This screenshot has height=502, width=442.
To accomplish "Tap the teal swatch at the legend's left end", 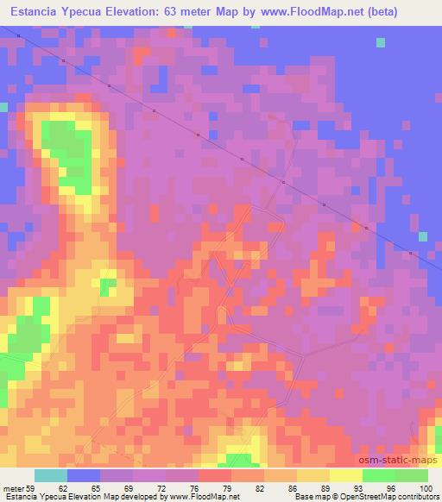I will [x=50, y=475].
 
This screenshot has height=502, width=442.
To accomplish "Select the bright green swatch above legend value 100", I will [x=412, y=475].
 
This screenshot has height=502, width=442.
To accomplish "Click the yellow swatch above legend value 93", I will [x=346, y=475].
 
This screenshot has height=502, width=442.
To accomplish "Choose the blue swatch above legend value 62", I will [x=84, y=475].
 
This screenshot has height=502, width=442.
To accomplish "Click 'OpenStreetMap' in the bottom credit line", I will [x=375, y=496].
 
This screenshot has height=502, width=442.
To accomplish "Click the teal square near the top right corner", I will [x=382, y=41].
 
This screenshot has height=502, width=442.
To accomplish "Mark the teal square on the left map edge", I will [x=3, y=107].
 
